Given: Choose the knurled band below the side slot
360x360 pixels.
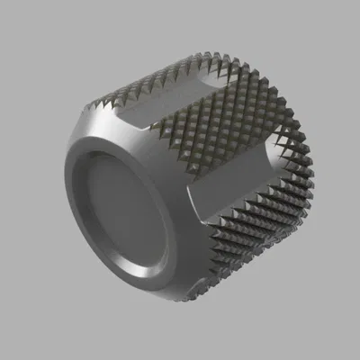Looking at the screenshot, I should (x=261, y=243).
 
